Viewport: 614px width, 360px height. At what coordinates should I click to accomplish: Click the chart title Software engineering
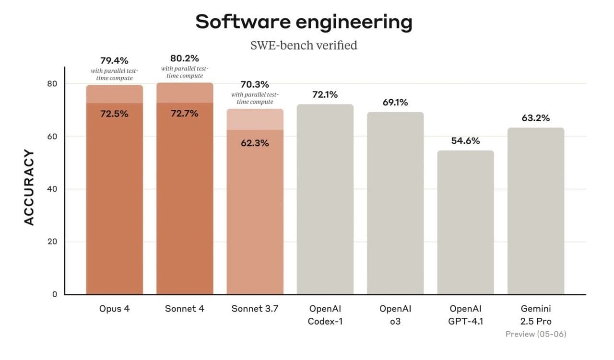coord(304,22)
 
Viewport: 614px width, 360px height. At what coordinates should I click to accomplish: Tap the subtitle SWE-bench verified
coord(304,46)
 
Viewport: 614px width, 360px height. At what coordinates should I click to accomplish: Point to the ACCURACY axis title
coord(29,187)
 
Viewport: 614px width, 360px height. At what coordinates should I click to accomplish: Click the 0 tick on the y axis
coord(54,294)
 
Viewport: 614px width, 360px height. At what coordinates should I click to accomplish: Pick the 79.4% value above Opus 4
coord(114,61)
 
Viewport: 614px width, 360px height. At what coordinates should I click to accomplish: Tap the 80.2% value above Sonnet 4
coord(185,58)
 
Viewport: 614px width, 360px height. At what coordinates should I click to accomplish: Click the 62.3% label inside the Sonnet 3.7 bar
coord(255,143)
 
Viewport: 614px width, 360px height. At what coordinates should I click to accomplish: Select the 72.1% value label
coord(325,94)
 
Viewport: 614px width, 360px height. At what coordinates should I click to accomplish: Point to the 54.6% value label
coord(465,141)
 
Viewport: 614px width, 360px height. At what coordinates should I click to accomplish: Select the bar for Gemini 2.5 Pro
coord(536,211)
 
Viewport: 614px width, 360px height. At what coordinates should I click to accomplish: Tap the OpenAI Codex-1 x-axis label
coord(325,315)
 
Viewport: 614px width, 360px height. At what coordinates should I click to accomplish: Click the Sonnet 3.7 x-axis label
coord(255,309)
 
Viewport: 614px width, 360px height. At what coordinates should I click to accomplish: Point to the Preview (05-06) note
coord(536,334)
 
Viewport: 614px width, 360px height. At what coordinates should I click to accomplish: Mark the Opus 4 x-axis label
coord(114,309)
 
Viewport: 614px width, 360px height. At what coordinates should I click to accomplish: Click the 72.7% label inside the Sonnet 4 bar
coord(185,114)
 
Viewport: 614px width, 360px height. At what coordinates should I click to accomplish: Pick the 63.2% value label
coord(536,118)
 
